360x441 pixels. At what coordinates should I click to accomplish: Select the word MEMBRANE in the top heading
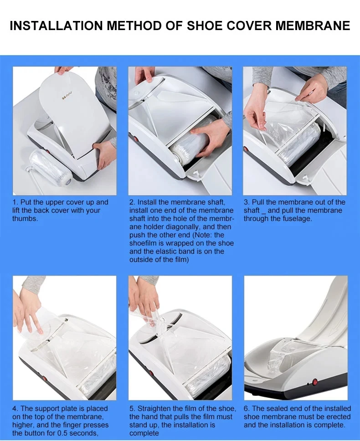pyautogui.click(x=318, y=26)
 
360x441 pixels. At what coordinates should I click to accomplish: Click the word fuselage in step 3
pyautogui.click(x=298, y=219)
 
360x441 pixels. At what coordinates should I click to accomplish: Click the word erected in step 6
pyautogui.click(x=339, y=417)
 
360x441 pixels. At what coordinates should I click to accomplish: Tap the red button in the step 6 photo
pyautogui.click(x=314, y=382)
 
